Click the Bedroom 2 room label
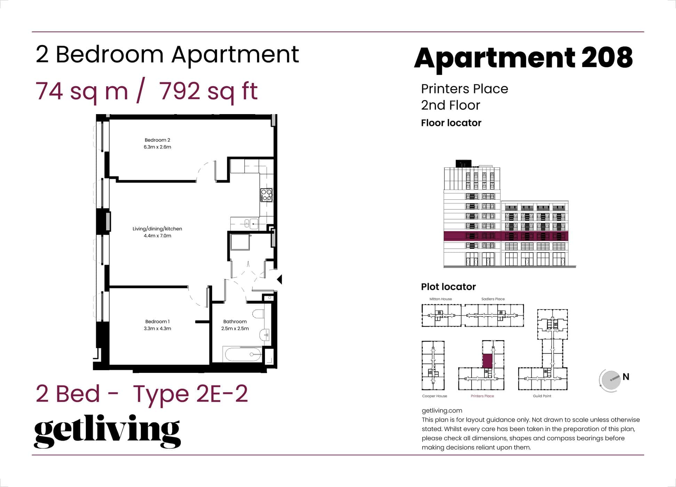click(x=157, y=140)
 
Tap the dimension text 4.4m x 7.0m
click(x=157, y=236)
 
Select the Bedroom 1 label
click(x=157, y=321)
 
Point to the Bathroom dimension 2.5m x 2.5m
click(x=235, y=328)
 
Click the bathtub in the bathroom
click(x=243, y=355)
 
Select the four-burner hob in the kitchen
click(x=266, y=195)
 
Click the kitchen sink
click(x=247, y=223)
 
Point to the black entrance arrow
click(x=280, y=279)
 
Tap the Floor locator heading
click(x=451, y=123)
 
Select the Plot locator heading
click(x=448, y=287)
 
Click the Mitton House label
click(x=441, y=299)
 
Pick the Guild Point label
click(x=542, y=396)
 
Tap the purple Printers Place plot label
click(x=482, y=396)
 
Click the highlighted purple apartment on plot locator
click(x=487, y=361)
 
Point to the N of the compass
click(x=626, y=377)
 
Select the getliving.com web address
click(x=442, y=410)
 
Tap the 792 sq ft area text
click(x=208, y=91)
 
